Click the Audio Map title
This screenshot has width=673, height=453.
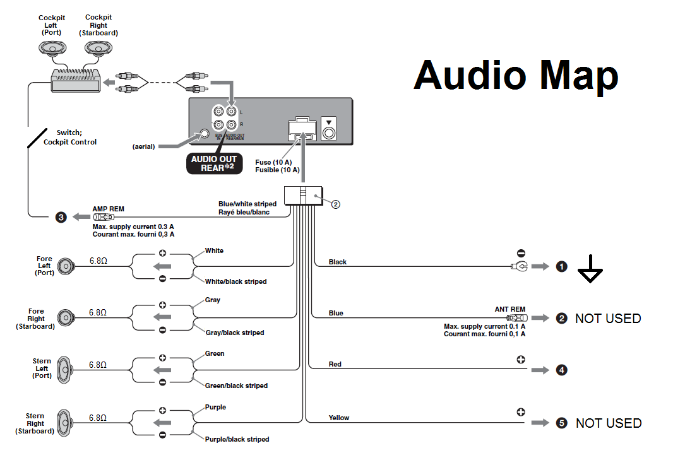click(516, 75)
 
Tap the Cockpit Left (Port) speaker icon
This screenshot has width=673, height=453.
click(52, 48)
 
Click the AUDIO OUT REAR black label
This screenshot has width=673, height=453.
click(213, 163)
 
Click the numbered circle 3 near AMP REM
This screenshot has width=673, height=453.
click(61, 217)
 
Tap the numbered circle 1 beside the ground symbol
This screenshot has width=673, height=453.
click(561, 267)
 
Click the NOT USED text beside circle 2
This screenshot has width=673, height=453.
click(608, 319)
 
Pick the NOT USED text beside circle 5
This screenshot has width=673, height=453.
click(609, 423)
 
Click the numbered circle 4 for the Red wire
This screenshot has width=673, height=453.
click(561, 370)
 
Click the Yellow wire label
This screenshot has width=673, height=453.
click(339, 418)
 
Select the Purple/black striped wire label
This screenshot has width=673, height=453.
click(237, 439)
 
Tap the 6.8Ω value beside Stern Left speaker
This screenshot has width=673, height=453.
click(98, 365)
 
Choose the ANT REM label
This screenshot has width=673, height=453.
click(510, 309)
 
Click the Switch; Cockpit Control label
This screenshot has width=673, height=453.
click(70, 138)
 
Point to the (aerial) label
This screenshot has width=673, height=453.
click(143, 146)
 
